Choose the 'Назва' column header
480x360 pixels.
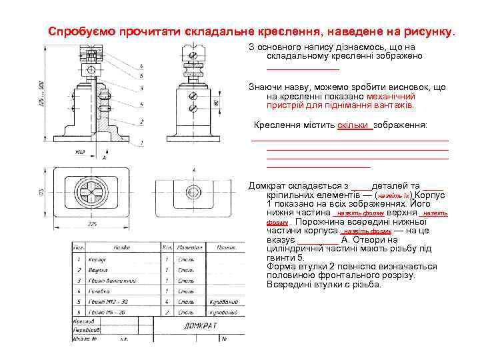point(121,247)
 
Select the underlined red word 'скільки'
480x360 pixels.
point(354,125)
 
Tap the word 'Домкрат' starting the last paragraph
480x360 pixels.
point(268,185)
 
